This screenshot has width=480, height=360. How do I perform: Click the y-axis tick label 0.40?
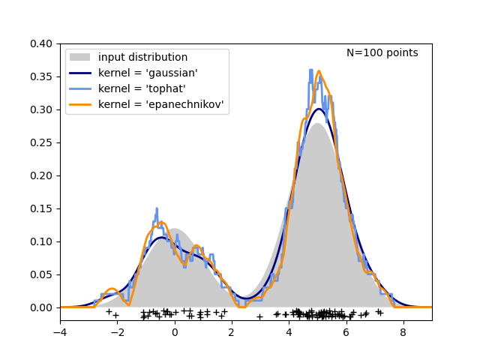[x=41, y=43]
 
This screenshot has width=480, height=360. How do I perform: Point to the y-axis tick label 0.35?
[x=41, y=76]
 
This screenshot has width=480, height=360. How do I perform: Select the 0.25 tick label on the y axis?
[x=41, y=142]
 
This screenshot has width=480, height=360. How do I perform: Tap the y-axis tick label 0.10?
[x=41, y=241]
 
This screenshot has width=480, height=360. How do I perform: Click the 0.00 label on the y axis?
[x=41, y=307]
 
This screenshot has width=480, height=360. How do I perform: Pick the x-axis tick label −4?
[x=60, y=331]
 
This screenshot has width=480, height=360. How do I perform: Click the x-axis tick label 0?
[x=175, y=331]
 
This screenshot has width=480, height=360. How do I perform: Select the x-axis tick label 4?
[x=289, y=331]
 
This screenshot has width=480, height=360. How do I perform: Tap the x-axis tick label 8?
[x=403, y=331]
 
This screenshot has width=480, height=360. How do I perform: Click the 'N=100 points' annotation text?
[x=382, y=53]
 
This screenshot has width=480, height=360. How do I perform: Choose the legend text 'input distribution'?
[x=142, y=58]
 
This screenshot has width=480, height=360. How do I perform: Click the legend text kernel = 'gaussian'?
[x=148, y=73]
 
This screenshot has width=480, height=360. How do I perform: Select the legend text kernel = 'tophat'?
[x=142, y=89]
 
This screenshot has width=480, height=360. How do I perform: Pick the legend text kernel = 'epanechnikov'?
[x=160, y=105]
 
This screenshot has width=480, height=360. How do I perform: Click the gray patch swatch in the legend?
[x=80, y=58]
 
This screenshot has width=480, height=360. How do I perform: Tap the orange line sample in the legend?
[x=80, y=105]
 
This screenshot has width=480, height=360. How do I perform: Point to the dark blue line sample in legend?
[x=80, y=73]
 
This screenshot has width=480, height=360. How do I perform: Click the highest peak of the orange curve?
[x=319, y=71]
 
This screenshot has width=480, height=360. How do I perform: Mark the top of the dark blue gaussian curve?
[x=319, y=109]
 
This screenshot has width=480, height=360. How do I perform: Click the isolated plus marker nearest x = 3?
[x=259, y=316]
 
